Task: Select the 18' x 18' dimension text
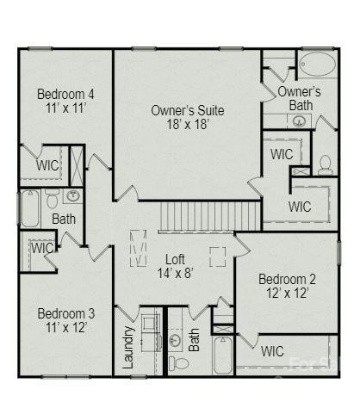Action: click(x=187, y=125)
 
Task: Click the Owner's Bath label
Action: click(x=299, y=97)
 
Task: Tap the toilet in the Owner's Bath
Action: click(x=326, y=163)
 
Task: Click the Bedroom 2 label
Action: click(x=288, y=280)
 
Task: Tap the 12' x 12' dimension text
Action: click(x=288, y=294)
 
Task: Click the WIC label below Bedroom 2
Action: click(x=272, y=351)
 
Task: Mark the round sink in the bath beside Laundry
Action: click(x=175, y=341)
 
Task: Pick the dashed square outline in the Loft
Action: click(x=217, y=256)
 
